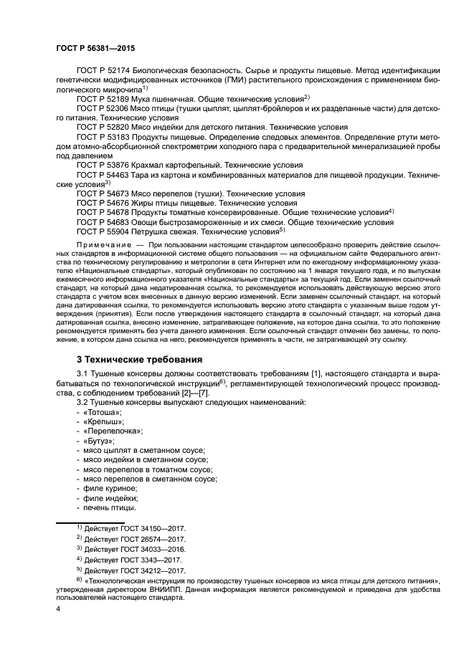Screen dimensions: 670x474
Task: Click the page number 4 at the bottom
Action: point(57,608)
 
